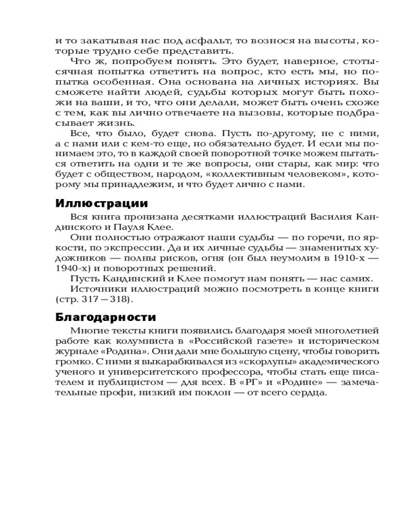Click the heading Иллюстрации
(x=101, y=203)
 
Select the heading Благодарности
(x=106, y=317)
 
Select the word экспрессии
(x=154, y=247)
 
